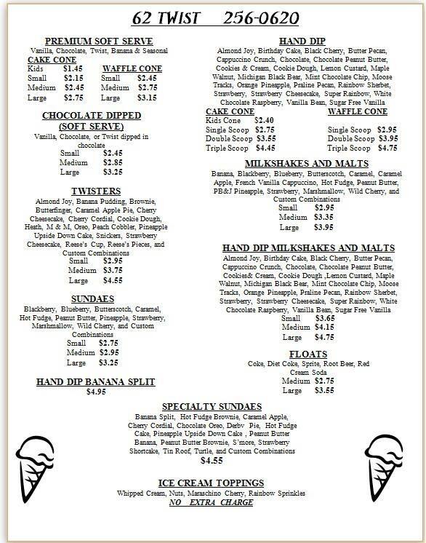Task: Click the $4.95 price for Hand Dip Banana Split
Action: click(97, 392)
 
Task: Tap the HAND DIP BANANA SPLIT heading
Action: click(97, 381)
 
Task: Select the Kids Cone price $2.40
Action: click(263, 119)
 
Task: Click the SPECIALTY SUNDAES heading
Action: click(211, 405)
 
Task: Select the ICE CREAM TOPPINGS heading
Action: click(211, 483)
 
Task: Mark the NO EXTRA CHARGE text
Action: click(210, 502)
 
